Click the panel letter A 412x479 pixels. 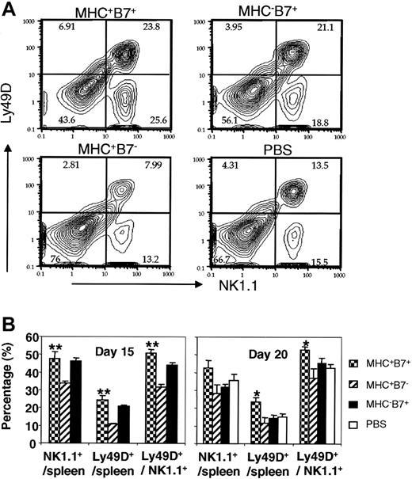[x=9, y=10]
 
